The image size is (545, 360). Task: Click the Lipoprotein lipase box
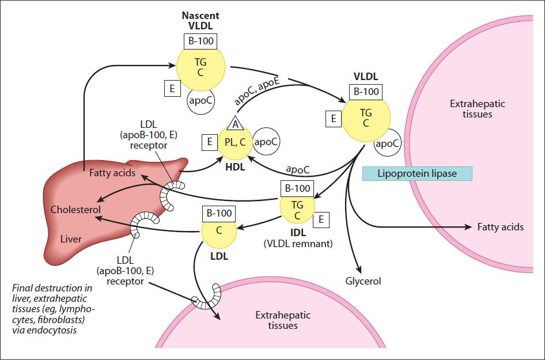pyautogui.click(x=417, y=174)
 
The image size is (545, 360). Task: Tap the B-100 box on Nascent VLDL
pyautogui.click(x=200, y=41)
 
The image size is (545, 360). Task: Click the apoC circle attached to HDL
pyautogui.click(x=266, y=142)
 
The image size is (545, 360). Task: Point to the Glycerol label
pyautogui.click(x=363, y=281)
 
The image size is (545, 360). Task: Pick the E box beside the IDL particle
pyautogui.click(x=321, y=219)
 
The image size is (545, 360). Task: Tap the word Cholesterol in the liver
pyautogui.click(x=76, y=210)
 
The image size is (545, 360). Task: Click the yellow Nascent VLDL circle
pyautogui.click(x=201, y=66)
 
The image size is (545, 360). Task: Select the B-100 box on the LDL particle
pyautogui.click(x=219, y=213)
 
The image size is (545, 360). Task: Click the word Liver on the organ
pyautogui.click(x=71, y=239)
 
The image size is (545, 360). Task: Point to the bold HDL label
pyautogui.click(x=235, y=167)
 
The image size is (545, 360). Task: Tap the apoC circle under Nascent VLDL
pyautogui.click(x=201, y=101)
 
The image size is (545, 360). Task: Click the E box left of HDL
pyautogui.click(x=210, y=142)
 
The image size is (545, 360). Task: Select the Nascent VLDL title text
pyautogui.click(x=200, y=20)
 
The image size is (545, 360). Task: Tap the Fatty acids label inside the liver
pyautogui.click(x=112, y=173)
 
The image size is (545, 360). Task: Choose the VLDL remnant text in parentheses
pyautogui.click(x=298, y=244)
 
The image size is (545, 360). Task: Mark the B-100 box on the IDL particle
pyautogui.click(x=297, y=189)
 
